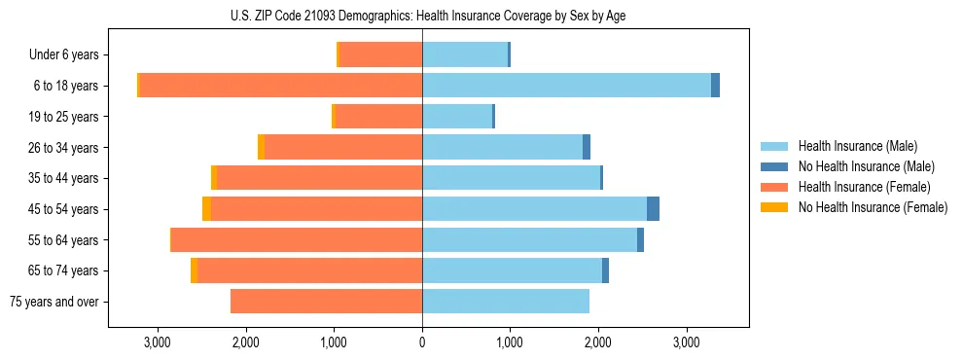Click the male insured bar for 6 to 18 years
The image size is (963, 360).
pos(566,86)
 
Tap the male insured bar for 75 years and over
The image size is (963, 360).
pos(506,302)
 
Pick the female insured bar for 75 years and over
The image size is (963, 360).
pos(326,302)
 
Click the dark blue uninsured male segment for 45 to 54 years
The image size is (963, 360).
pos(653,209)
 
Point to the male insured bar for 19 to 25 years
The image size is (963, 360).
pos(457,117)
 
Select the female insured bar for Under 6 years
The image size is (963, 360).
pos(380,54)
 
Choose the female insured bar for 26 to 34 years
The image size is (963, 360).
pos(342,147)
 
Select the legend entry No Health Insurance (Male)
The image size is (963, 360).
pos(866,166)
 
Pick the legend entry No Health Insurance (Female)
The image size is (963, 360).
pos(873,207)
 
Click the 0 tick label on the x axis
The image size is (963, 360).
pos(422,342)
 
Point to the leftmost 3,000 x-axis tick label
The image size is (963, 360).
pos(157,342)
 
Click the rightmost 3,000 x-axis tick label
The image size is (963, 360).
pos(686,342)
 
